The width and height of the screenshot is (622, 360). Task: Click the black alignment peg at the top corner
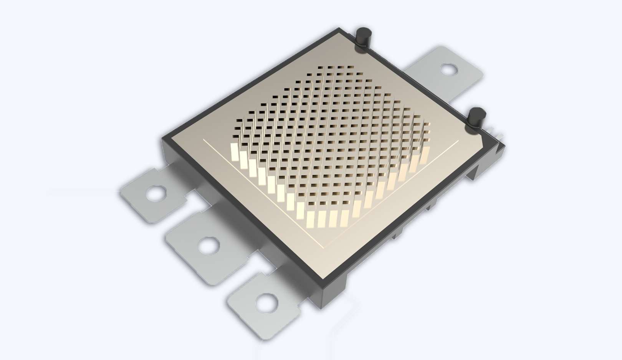[362, 38]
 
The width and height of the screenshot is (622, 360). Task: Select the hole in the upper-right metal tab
[448, 69]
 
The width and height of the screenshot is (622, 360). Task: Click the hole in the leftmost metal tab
[156, 193]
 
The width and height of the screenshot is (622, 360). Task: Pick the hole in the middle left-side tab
[209, 245]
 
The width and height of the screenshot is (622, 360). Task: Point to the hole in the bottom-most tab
[266, 303]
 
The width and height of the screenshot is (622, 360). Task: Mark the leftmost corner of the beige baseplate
[169, 137]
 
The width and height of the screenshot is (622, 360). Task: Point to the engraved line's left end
[203, 140]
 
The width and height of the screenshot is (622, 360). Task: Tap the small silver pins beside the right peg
[496, 135]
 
